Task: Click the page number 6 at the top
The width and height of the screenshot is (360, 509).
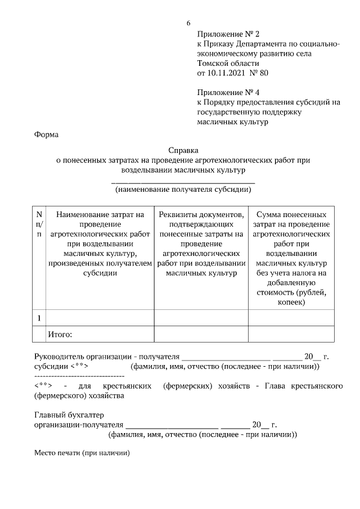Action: (188, 23)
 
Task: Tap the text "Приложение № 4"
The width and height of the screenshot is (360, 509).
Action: (228, 92)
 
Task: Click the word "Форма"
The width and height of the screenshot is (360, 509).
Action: (46, 134)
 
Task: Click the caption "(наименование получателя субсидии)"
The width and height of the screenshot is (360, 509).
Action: (183, 190)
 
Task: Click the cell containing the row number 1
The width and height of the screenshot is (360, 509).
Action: (39, 318)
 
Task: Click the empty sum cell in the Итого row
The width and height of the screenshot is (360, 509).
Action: (290, 335)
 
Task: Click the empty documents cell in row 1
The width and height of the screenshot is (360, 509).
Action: (201, 318)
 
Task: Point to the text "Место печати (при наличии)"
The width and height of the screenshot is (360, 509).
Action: (82, 453)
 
